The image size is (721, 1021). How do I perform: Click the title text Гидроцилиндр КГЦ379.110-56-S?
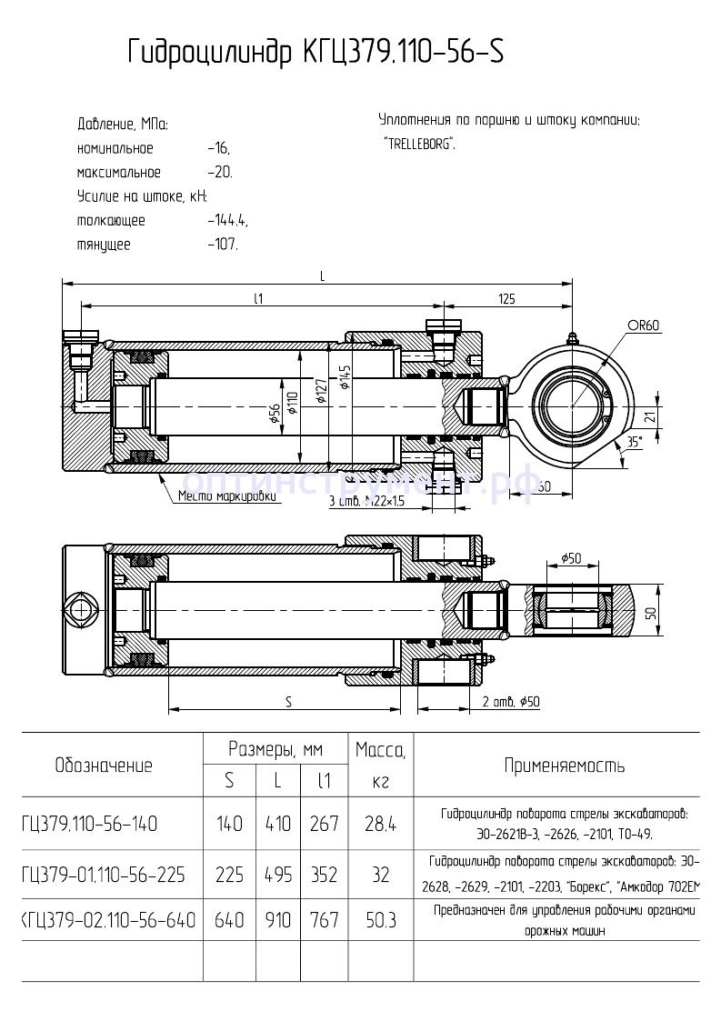tap(315, 54)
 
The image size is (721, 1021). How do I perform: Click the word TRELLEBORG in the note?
tap(419, 144)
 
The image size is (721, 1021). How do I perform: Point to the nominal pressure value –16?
tap(218, 148)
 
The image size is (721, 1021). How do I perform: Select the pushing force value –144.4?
tap(227, 220)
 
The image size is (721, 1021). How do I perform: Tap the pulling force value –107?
tap(222, 245)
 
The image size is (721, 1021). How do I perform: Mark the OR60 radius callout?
tap(643, 325)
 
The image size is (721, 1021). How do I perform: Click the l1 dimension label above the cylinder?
tap(258, 298)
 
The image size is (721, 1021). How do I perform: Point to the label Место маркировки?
tap(218, 496)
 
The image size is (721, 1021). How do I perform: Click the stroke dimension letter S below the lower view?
tap(288, 701)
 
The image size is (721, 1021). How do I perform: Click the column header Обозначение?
tap(104, 765)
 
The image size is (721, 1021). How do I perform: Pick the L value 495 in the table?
tap(277, 874)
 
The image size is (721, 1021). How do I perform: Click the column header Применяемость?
tap(565, 765)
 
